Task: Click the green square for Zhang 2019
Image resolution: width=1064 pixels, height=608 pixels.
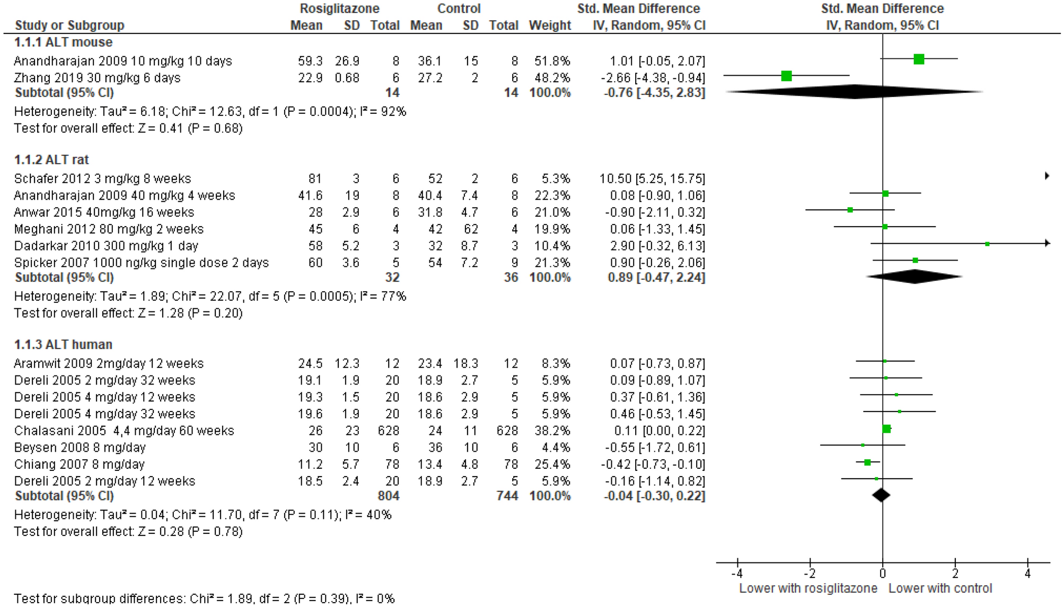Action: (786, 76)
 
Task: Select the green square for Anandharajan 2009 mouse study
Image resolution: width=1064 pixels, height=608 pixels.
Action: (919, 59)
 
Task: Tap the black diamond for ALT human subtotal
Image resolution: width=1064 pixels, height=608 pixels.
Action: (881, 495)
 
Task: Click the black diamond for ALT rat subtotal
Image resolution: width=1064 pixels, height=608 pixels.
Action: (914, 276)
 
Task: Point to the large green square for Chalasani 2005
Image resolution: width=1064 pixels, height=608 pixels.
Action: (886, 428)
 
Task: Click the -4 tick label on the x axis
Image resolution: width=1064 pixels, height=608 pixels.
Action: (737, 574)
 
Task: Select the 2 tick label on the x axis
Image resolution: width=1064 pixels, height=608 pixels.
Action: (955, 574)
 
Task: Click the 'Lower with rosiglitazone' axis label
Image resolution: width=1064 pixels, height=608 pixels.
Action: (808, 588)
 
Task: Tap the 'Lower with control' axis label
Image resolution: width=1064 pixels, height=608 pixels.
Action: (940, 588)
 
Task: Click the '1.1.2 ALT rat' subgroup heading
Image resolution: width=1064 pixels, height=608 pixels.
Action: (51, 160)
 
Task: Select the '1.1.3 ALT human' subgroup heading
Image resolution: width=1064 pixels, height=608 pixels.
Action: (63, 345)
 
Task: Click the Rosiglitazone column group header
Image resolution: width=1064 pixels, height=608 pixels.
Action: (339, 8)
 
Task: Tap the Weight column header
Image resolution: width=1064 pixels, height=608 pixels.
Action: (550, 25)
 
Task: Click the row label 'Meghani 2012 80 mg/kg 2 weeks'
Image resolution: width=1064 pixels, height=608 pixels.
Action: (109, 229)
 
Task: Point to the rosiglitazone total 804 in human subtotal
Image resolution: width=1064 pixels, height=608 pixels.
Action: (388, 496)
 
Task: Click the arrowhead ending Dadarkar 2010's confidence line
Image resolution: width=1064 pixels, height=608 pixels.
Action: (1047, 243)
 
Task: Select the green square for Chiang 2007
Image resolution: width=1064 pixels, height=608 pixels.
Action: (867, 462)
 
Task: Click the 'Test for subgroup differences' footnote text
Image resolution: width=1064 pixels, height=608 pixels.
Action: (204, 598)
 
